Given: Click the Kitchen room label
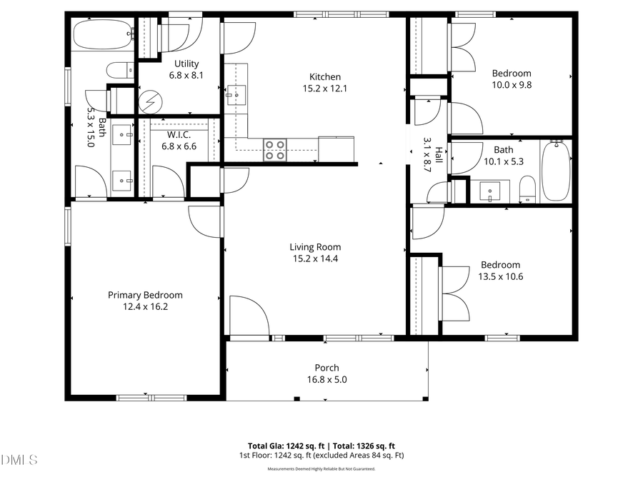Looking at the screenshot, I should point(324,77).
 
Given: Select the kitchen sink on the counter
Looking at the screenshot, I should point(235,93).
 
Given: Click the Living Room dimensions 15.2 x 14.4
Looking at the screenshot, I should point(314,259).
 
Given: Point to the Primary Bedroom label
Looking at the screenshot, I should point(145,295).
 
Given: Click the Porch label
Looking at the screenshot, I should point(327,368).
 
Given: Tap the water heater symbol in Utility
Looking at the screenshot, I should point(150,101).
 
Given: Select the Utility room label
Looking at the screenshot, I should point(181,64).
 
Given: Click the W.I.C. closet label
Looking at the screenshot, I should point(179,135).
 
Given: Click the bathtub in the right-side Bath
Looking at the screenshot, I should point(555,171).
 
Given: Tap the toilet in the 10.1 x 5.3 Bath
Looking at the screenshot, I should point(527,189).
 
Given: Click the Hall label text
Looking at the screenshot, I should point(438,151).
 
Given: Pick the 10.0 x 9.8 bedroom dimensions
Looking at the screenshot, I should point(512,84).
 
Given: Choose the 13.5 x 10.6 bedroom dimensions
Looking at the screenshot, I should point(500,276).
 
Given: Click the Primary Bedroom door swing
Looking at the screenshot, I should point(205,221).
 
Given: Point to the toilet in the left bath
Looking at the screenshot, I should point(119,69).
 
